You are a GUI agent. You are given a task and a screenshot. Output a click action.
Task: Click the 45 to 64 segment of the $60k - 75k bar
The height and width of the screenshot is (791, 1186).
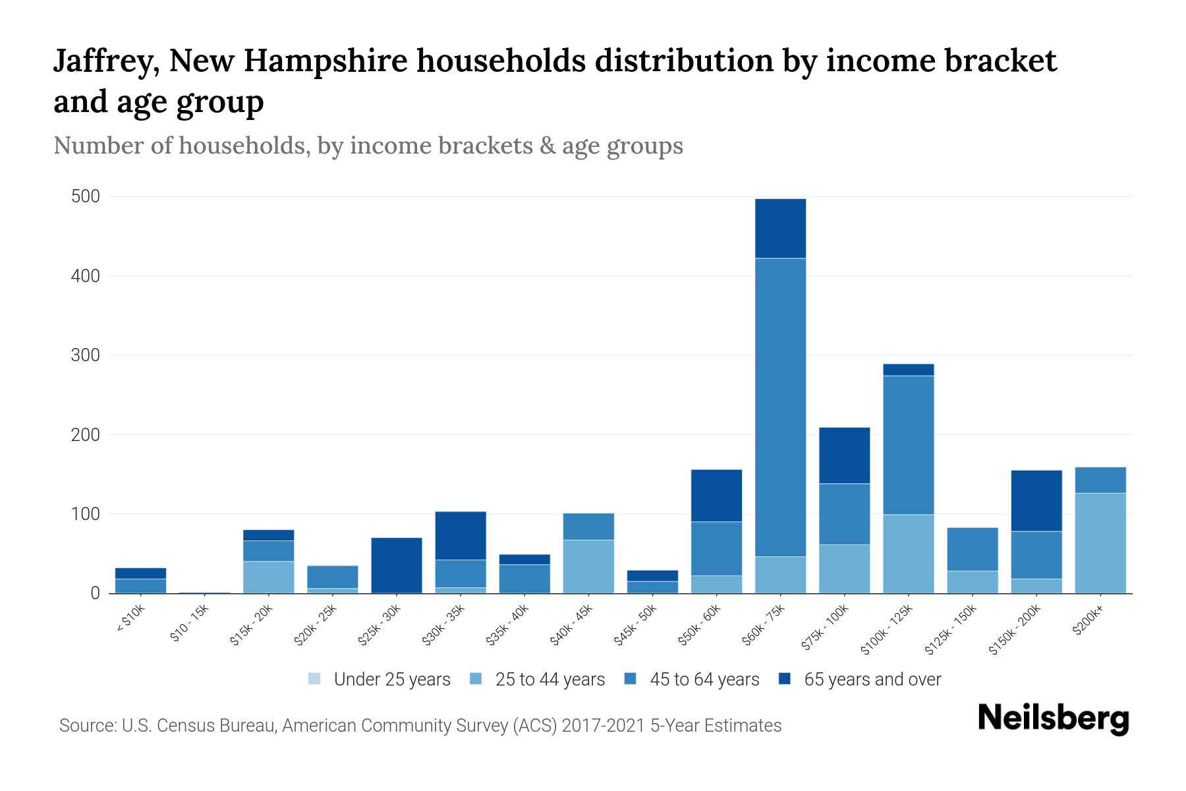pos(780,407)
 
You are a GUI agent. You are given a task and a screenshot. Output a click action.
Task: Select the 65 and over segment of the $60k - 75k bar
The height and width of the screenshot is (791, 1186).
pos(780,228)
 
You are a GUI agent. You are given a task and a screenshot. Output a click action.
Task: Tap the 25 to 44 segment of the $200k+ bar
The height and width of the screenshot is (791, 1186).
pos(1100,543)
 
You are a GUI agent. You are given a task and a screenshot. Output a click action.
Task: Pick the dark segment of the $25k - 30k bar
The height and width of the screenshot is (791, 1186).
pos(397,565)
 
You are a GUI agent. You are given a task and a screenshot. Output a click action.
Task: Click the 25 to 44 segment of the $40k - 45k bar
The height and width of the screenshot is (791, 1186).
pos(588,566)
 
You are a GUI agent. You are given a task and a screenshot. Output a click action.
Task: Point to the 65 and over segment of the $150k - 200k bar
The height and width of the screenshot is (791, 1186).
pos(1036,500)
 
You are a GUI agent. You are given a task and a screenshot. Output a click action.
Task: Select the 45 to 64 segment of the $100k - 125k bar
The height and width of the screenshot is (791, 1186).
pos(909,445)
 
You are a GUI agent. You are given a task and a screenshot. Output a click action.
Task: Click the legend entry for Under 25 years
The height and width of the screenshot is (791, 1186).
pos(391,680)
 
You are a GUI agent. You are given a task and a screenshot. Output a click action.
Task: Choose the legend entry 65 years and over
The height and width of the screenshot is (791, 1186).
pos(872,680)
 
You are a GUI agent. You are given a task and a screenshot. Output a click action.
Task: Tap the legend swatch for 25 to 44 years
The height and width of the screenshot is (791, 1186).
pos(476,679)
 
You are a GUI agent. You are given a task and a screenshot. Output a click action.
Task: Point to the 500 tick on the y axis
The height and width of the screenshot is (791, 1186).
pos(86,197)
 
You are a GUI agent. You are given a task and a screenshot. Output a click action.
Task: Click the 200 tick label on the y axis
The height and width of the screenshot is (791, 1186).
pos(86,435)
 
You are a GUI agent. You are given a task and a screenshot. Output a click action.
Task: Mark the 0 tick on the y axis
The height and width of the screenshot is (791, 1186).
pos(95,594)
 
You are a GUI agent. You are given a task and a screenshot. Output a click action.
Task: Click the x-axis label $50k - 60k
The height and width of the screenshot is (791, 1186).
pos(700,626)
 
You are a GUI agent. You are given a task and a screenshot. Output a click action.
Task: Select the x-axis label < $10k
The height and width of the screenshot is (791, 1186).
pos(130,620)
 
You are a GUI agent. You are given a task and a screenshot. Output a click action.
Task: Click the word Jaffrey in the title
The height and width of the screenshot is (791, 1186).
pos(105,61)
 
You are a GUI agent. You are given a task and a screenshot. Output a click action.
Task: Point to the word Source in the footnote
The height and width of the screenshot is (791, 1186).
pos(86,726)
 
